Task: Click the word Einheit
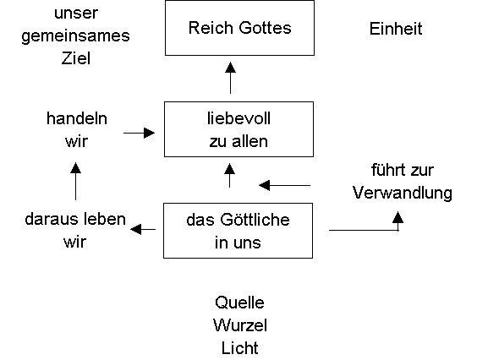(x=396, y=29)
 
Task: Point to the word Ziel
(x=76, y=58)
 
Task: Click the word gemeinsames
(x=76, y=36)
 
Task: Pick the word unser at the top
(x=76, y=14)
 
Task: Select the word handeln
(x=77, y=118)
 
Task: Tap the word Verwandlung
(x=403, y=193)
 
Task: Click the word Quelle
(x=239, y=303)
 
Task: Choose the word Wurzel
(x=240, y=325)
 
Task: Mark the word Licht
(x=240, y=348)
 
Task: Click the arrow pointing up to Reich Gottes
(x=230, y=78)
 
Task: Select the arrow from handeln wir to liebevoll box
(x=139, y=133)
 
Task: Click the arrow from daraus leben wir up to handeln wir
(x=75, y=181)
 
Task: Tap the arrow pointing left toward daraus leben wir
(x=143, y=229)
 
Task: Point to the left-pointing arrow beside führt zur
(x=284, y=185)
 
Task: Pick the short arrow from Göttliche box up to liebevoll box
(x=230, y=175)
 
